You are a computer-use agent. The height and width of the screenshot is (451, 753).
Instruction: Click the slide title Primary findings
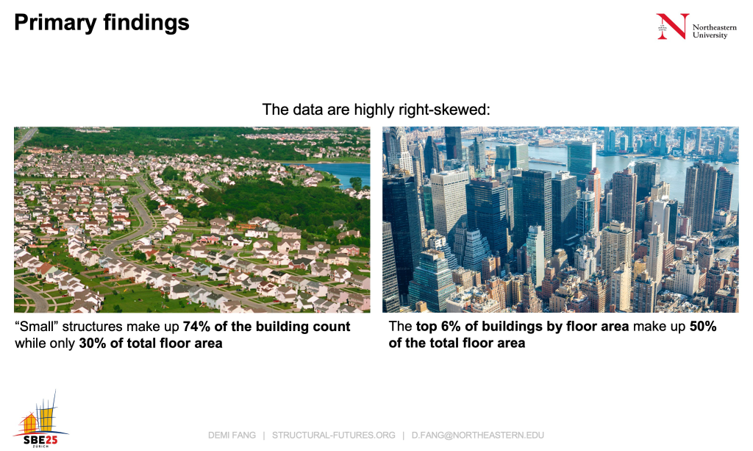[x=101, y=23]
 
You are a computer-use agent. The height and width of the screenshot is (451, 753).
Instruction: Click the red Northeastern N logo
[x=673, y=26]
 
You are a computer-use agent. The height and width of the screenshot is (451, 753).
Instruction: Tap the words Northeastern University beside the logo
[x=714, y=31]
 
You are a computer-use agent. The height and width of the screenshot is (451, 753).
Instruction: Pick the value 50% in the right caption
[x=703, y=327]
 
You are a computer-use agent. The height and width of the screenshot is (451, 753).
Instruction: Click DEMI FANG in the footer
[x=232, y=435]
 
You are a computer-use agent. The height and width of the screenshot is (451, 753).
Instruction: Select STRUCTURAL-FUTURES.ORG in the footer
[x=334, y=435]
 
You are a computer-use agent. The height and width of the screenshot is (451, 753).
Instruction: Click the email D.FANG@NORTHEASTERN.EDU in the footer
[x=478, y=435]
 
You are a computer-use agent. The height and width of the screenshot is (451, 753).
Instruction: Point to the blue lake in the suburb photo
[x=336, y=171]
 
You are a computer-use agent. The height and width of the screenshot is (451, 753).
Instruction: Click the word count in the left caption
[x=332, y=327]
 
